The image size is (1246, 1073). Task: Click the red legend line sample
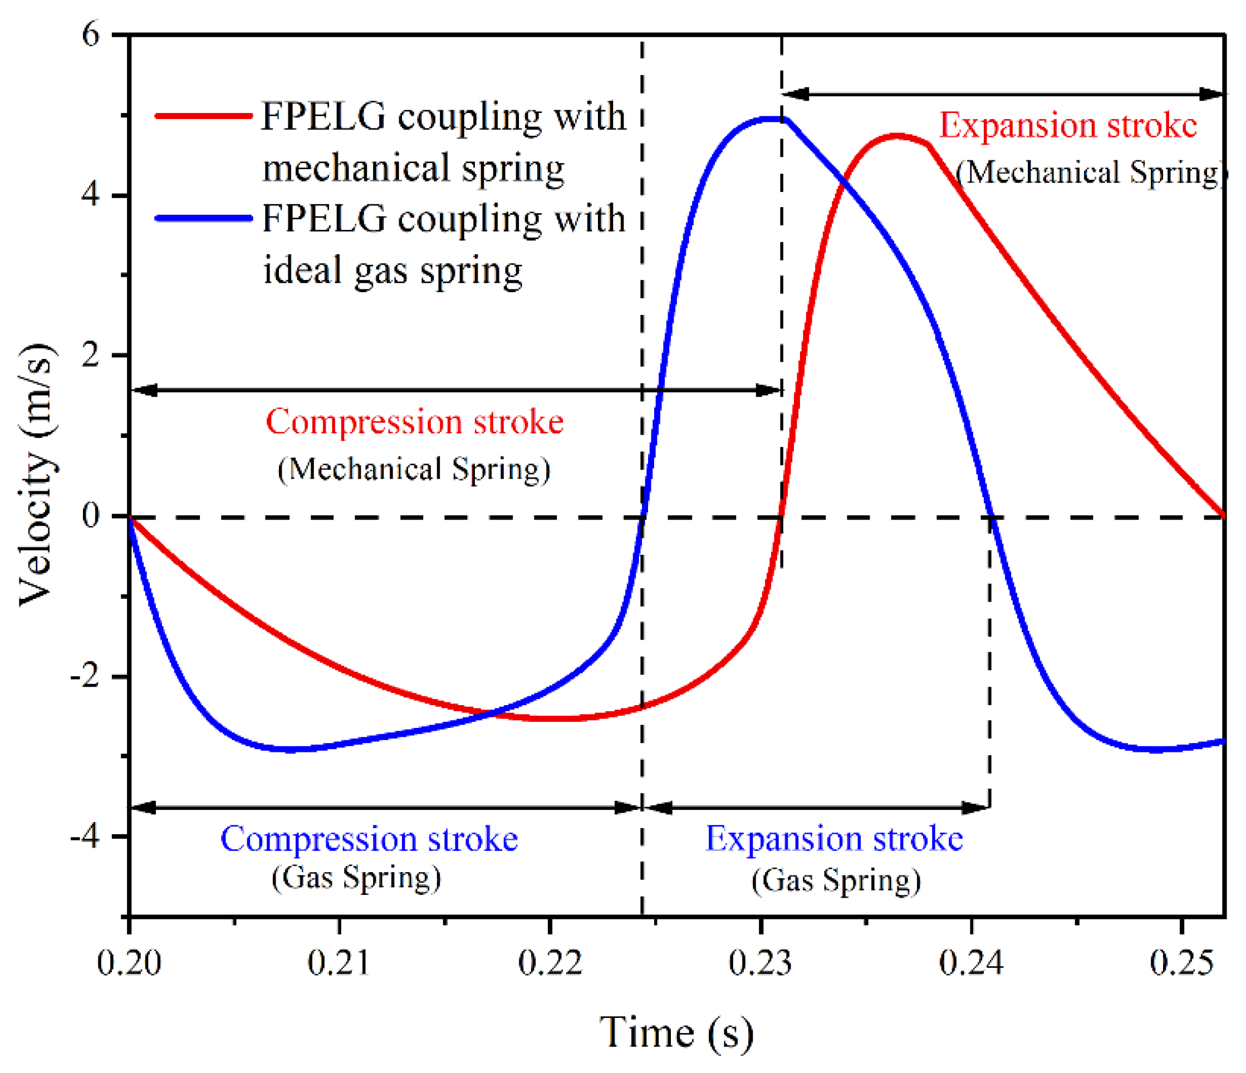coord(203,115)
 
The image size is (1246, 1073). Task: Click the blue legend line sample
coord(203,218)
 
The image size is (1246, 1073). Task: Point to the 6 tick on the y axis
coord(90,35)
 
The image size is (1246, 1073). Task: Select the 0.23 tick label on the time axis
coord(760,962)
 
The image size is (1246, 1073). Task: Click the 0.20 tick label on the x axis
coord(129,962)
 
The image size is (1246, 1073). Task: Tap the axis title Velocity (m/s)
coord(37,475)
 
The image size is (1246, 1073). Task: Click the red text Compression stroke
coord(414,421)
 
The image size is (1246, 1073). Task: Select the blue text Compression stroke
coord(369,839)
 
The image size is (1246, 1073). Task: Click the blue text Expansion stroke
coord(834,839)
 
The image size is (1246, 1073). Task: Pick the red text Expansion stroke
coord(1068,126)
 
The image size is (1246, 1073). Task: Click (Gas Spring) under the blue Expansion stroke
coord(836,881)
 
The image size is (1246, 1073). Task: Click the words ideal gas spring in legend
coord(393,270)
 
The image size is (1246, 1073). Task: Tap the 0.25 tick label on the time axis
coord(1181,962)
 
